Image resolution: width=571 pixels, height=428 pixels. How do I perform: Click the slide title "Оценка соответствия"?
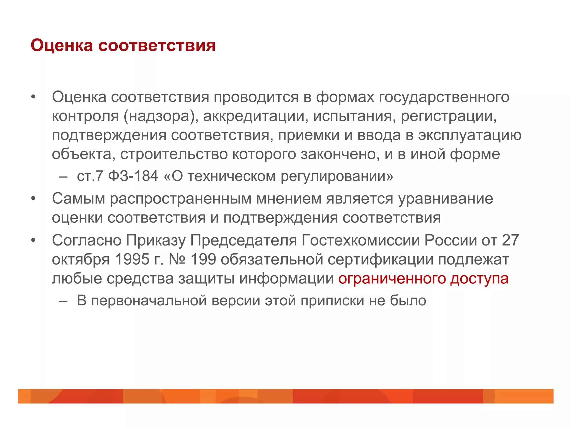123,45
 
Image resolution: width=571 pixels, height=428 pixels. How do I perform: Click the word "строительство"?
174,154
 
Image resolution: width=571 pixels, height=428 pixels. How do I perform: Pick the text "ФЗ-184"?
133,176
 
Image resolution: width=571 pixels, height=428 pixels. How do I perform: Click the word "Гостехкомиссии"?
361,240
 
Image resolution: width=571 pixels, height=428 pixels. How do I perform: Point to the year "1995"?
132,259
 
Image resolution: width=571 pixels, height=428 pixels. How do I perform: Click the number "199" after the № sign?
203,259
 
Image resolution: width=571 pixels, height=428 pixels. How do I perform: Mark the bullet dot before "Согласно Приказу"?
33,240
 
